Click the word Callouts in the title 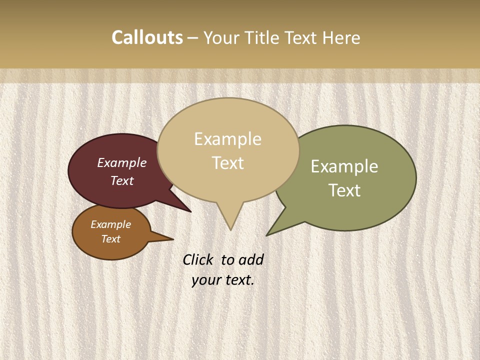pyautogui.click(x=147, y=37)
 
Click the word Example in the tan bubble pyautogui.click(x=227, y=139)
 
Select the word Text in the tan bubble pyautogui.click(x=228, y=163)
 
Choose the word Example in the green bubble pyautogui.click(x=344, y=166)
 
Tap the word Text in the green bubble pyautogui.click(x=344, y=190)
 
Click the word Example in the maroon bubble pyautogui.click(x=122, y=162)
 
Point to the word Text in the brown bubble pyautogui.click(x=111, y=239)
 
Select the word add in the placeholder pyautogui.click(x=251, y=259)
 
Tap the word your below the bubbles pyautogui.click(x=206, y=280)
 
